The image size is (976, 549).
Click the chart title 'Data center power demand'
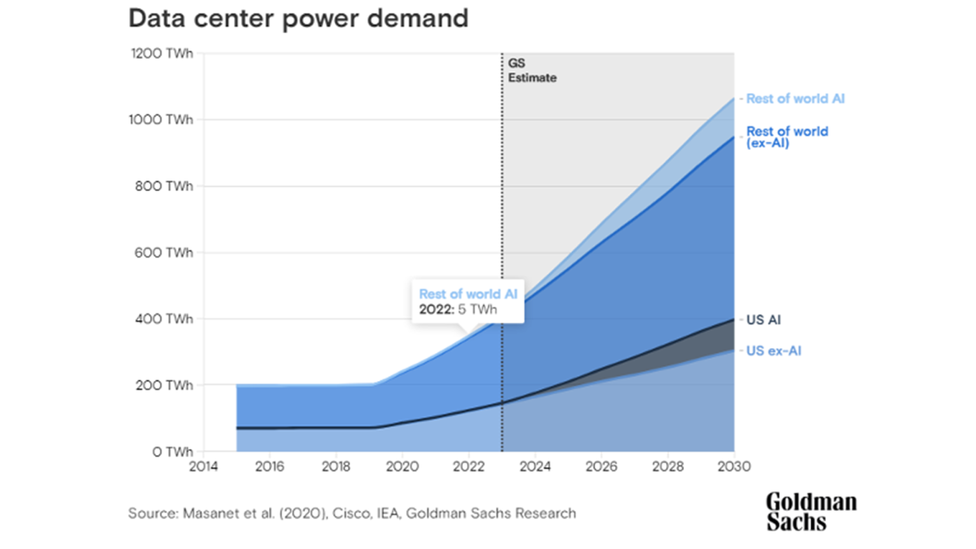298,19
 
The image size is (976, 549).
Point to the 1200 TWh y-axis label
162,53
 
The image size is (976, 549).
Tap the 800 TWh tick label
164,186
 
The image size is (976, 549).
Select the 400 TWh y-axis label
164,319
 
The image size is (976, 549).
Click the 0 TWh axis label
172,452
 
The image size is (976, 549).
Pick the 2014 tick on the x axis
203,466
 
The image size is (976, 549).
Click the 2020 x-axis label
402,466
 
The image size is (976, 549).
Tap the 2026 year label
601,466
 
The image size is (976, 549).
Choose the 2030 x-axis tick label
734,466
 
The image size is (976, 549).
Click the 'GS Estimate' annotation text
532,71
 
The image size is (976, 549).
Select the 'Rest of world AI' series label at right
795,98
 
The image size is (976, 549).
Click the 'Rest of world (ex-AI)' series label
787,137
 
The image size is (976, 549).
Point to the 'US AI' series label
763,320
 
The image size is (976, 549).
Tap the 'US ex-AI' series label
773,351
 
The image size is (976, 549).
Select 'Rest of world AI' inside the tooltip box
468,294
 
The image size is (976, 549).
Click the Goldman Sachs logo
811,512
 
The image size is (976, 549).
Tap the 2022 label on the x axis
468,466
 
